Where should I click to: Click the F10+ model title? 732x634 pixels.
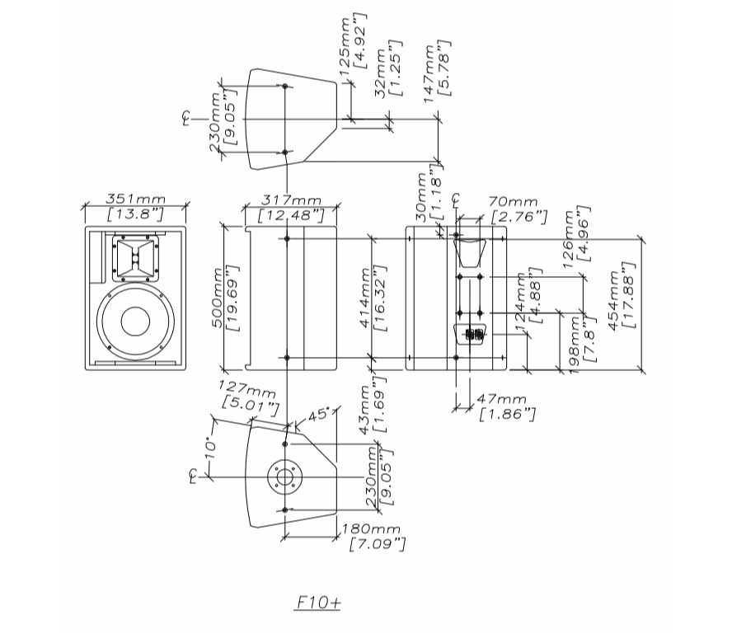coord(317,603)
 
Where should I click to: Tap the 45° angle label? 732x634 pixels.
coord(318,413)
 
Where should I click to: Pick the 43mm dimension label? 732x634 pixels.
coord(365,409)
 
